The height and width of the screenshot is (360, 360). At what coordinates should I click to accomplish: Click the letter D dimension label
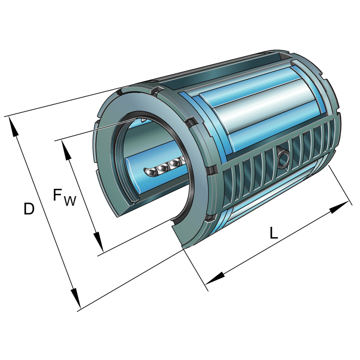pos(29,209)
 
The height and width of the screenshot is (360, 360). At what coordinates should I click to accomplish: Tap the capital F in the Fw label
pos(58,195)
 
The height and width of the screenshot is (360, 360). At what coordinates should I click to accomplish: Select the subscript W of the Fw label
pos(70,201)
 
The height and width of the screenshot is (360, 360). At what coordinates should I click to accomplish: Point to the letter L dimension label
pos(274,233)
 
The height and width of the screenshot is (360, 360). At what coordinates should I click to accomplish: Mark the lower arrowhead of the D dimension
pos(76,298)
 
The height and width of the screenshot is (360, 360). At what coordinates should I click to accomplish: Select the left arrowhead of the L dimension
pos(215,278)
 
